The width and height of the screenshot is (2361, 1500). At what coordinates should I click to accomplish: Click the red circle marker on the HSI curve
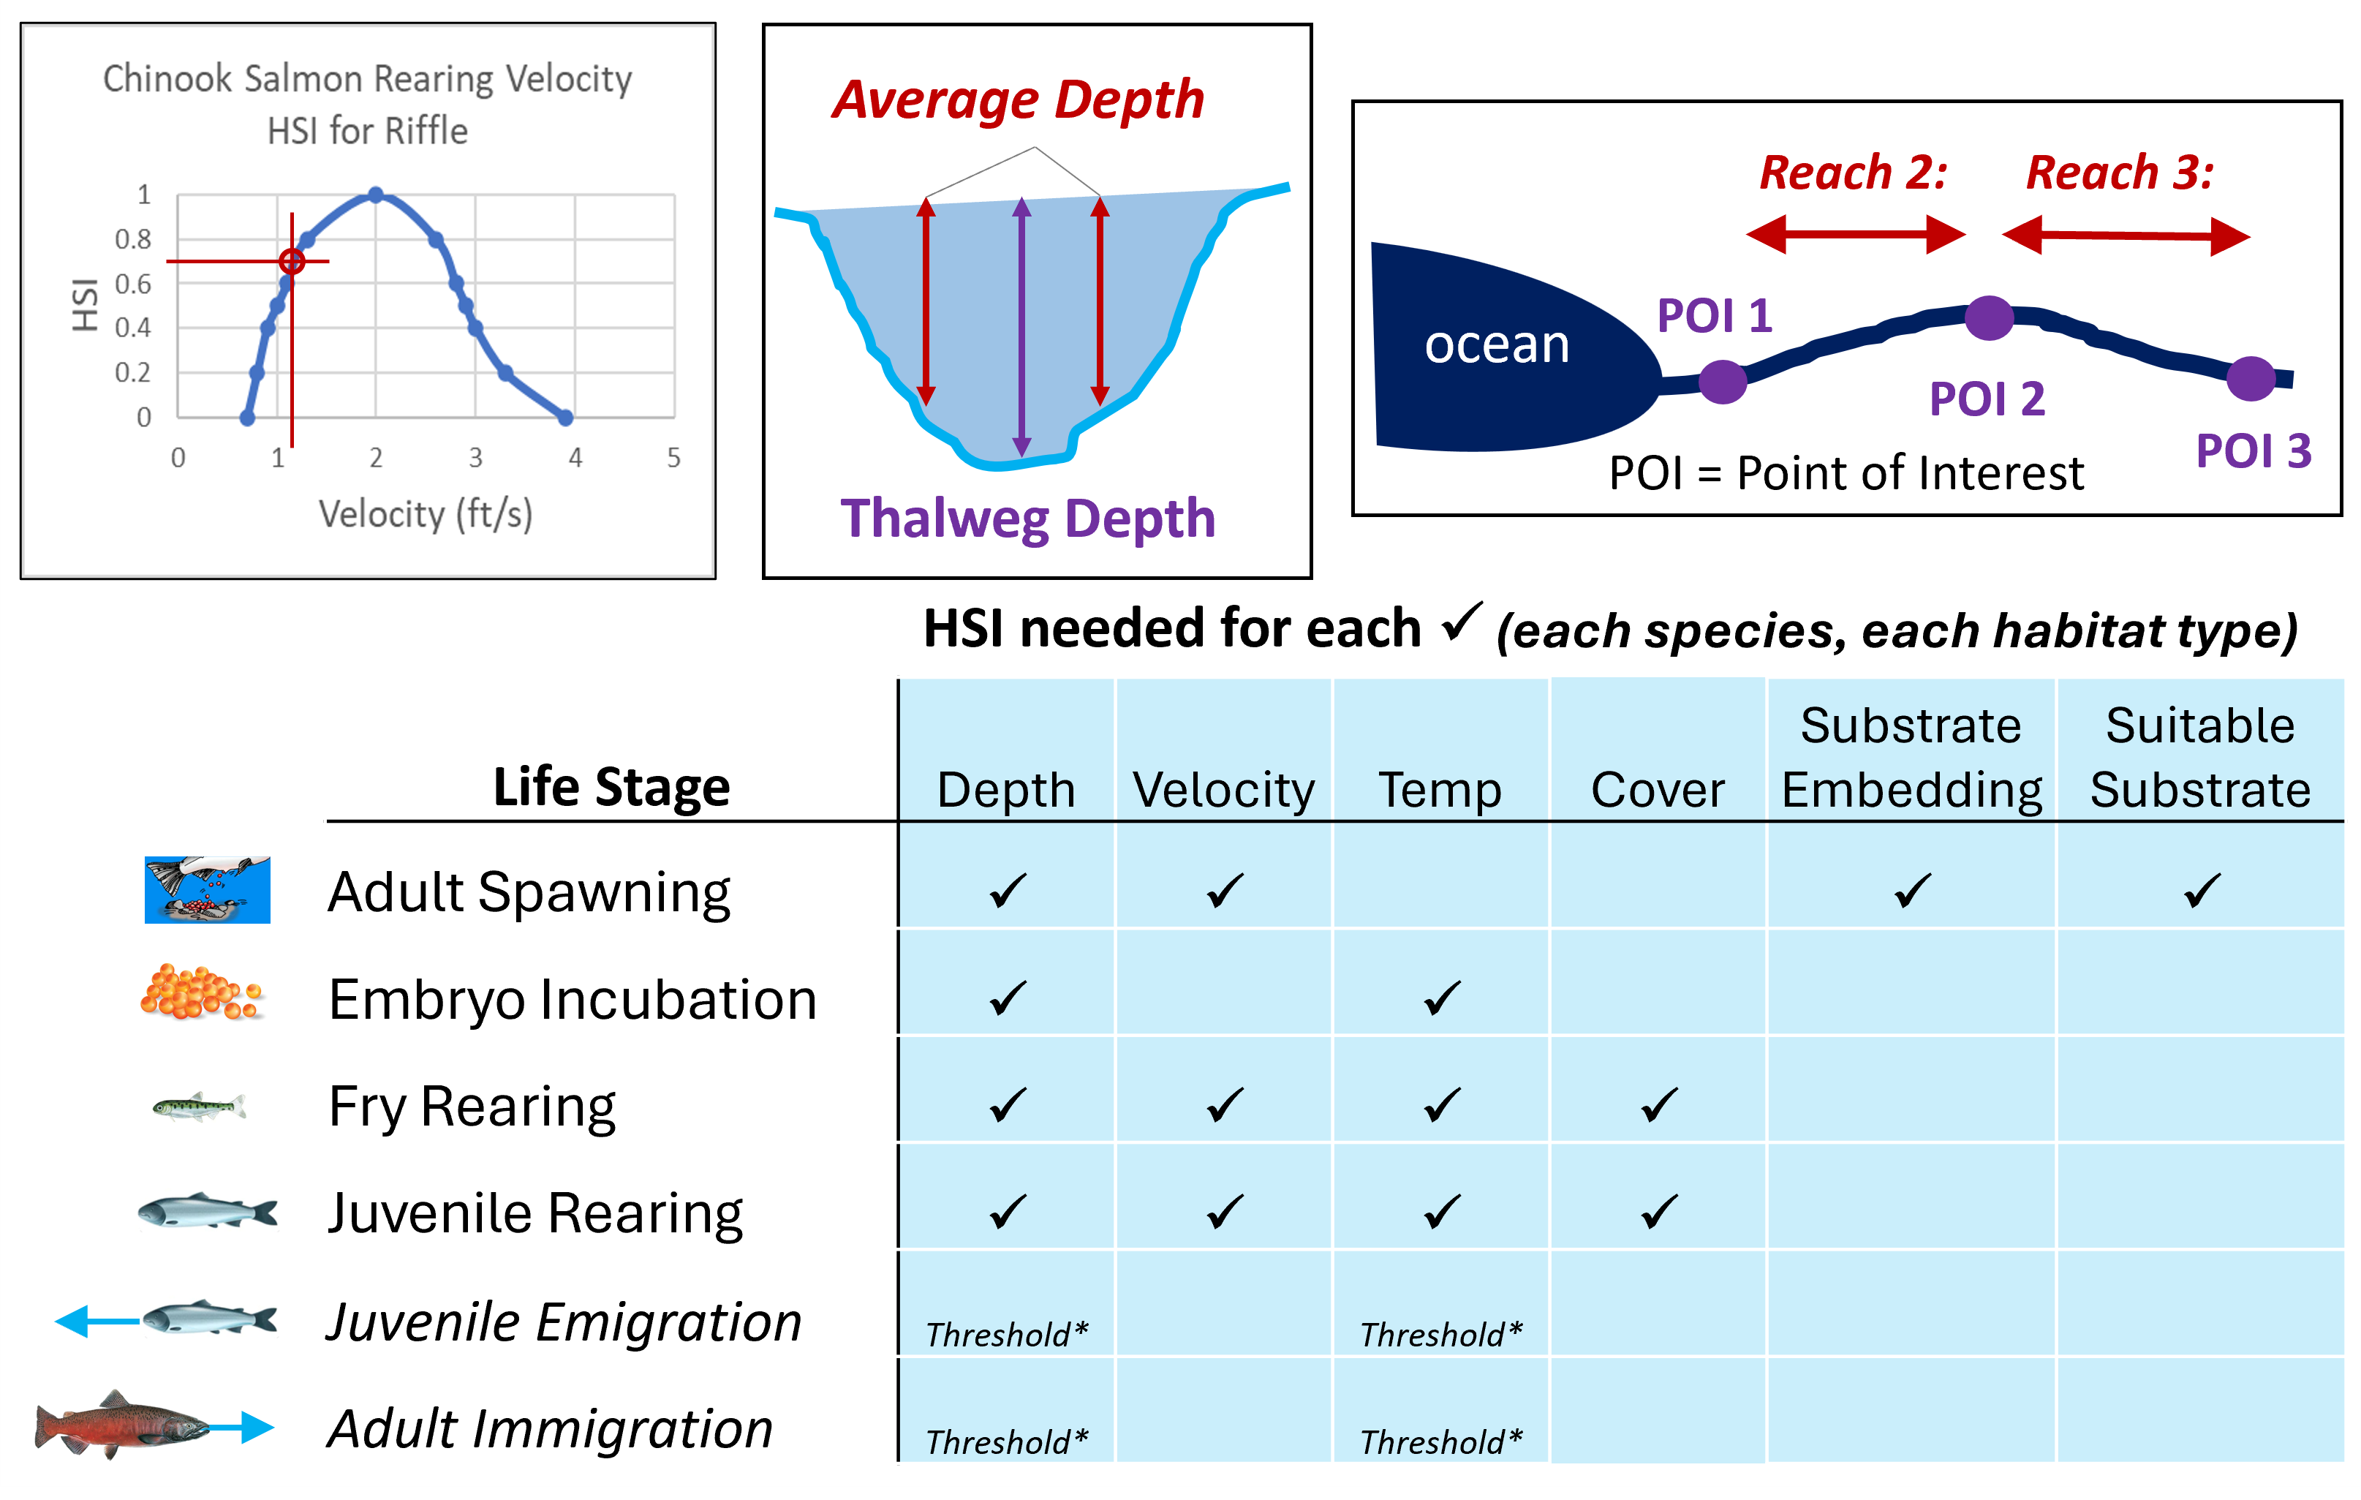tap(291, 261)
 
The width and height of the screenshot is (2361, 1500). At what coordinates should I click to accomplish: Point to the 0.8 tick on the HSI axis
tap(132, 239)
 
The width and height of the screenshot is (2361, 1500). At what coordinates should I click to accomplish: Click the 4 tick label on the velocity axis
tap(575, 458)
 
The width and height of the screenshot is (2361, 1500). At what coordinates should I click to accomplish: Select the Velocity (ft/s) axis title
tap(425, 513)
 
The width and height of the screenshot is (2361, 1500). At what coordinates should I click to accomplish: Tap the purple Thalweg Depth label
tap(1027, 519)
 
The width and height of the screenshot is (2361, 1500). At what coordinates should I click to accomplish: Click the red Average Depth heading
tap(1018, 100)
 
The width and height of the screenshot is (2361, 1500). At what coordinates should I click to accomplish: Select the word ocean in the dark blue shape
tap(1496, 345)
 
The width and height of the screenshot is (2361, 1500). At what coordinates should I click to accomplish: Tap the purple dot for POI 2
tap(1988, 317)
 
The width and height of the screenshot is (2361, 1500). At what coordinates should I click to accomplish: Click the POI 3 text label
tap(2253, 451)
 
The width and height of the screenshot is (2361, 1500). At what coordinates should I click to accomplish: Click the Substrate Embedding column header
tap(1911, 758)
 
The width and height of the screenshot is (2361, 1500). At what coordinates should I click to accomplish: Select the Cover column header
tap(1657, 790)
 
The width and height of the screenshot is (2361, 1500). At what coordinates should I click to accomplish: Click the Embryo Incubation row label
tap(573, 1000)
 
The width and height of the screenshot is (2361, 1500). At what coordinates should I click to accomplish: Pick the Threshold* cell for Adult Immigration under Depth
tap(1007, 1442)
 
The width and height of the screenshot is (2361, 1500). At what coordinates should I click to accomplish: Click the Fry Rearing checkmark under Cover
tap(1659, 1105)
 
